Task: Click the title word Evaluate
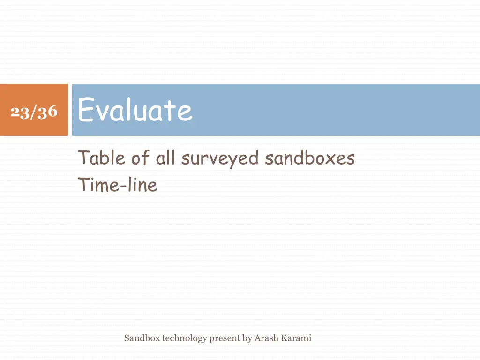click(x=135, y=111)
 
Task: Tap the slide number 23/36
click(x=34, y=112)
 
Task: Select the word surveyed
click(x=220, y=158)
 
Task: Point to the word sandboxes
click(x=309, y=158)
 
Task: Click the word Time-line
click(x=118, y=185)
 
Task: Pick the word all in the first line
click(x=165, y=158)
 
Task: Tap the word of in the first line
click(x=140, y=158)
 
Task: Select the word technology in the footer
click(x=184, y=338)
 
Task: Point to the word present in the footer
click(x=225, y=338)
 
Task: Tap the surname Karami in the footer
click(x=296, y=338)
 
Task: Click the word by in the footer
click(x=247, y=338)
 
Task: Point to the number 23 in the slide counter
click(x=20, y=112)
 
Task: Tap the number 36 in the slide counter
click(x=47, y=112)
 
